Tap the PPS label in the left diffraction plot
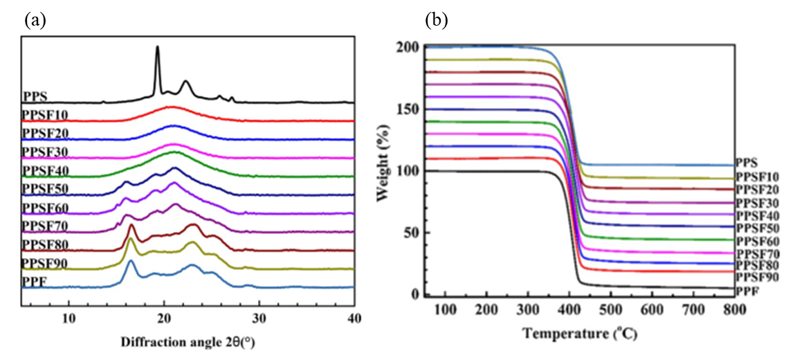(x=34, y=97)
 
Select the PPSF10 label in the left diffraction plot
(x=45, y=115)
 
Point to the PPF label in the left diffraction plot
(x=33, y=281)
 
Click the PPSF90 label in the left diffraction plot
(x=45, y=263)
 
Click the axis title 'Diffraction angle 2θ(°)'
(x=193, y=342)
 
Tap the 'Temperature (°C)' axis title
(x=579, y=334)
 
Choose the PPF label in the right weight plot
(x=747, y=290)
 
